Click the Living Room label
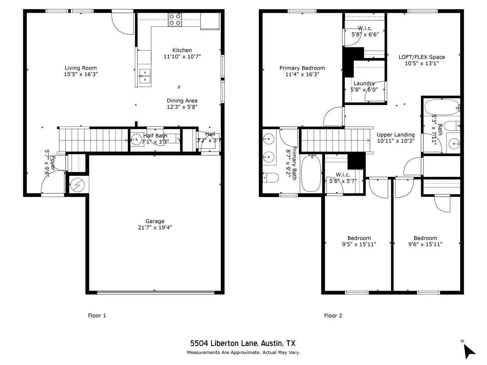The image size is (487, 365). [80, 68]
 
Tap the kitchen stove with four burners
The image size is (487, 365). [175, 20]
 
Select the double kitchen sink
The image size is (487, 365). [145, 76]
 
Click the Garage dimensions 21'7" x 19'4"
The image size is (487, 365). [155, 227]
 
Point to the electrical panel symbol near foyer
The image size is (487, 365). [77, 185]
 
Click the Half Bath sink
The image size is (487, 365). [137, 139]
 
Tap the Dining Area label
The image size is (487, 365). [182, 101]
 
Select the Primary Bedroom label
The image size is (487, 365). [302, 68]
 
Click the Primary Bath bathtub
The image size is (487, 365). [311, 173]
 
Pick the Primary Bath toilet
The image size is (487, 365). [271, 177]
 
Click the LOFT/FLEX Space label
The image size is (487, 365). [421, 57]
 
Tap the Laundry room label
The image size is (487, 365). [364, 83]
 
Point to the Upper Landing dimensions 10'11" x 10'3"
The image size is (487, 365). [396, 141]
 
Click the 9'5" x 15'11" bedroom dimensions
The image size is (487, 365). [359, 244]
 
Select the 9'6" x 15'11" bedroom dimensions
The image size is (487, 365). [425, 244]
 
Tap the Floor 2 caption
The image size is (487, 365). [333, 316]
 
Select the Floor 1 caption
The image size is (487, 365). [97, 316]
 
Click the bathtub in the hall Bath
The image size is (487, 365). [441, 107]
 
